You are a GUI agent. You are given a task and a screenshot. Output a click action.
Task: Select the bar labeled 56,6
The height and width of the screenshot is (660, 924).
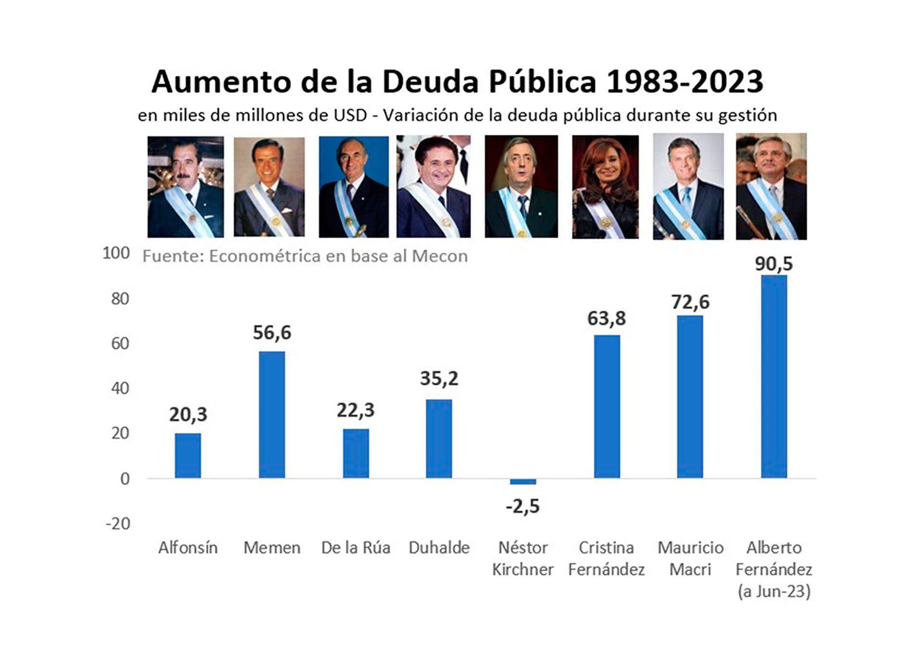click(272, 414)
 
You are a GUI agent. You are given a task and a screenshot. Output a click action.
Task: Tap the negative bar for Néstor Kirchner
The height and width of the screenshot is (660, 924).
click(523, 481)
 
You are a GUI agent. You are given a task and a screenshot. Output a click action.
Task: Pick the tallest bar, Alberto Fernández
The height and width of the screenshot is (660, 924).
click(774, 376)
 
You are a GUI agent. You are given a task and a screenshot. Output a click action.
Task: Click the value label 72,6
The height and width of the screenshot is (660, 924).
click(690, 302)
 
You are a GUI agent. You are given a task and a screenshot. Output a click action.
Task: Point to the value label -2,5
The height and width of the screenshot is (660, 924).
click(523, 506)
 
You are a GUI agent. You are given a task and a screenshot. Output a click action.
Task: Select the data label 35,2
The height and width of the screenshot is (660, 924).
click(439, 378)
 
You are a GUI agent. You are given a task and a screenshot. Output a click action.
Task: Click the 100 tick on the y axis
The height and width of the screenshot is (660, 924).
click(116, 253)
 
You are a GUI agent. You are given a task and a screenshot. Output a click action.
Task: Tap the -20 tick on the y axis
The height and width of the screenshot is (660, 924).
click(118, 523)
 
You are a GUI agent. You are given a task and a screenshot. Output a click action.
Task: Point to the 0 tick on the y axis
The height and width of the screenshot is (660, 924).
click(125, 479)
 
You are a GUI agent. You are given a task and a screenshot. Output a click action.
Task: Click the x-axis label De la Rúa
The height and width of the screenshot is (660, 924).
click(356, 548)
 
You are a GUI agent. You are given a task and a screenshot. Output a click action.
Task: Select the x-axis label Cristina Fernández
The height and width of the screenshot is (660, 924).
click(606, 558)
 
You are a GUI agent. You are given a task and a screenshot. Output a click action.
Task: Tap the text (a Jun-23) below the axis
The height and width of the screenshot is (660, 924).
click(774, 591)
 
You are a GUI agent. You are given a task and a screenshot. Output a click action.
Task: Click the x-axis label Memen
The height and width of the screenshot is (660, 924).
click(272, 548)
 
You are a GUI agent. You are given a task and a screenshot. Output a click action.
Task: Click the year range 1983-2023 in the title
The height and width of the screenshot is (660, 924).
click(684, 82)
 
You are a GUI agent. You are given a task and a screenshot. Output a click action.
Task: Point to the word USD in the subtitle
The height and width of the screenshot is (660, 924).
click(351, 116)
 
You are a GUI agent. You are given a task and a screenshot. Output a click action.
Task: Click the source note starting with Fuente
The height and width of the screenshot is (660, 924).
click(305, 256)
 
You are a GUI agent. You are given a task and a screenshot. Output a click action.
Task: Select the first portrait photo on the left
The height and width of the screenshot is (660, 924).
click(185, 187)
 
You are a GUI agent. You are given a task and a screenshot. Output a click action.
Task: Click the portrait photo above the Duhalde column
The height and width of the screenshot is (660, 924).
click(434, 186)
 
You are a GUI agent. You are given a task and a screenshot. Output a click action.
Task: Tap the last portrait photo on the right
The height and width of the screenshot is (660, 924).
click(771, 187)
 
